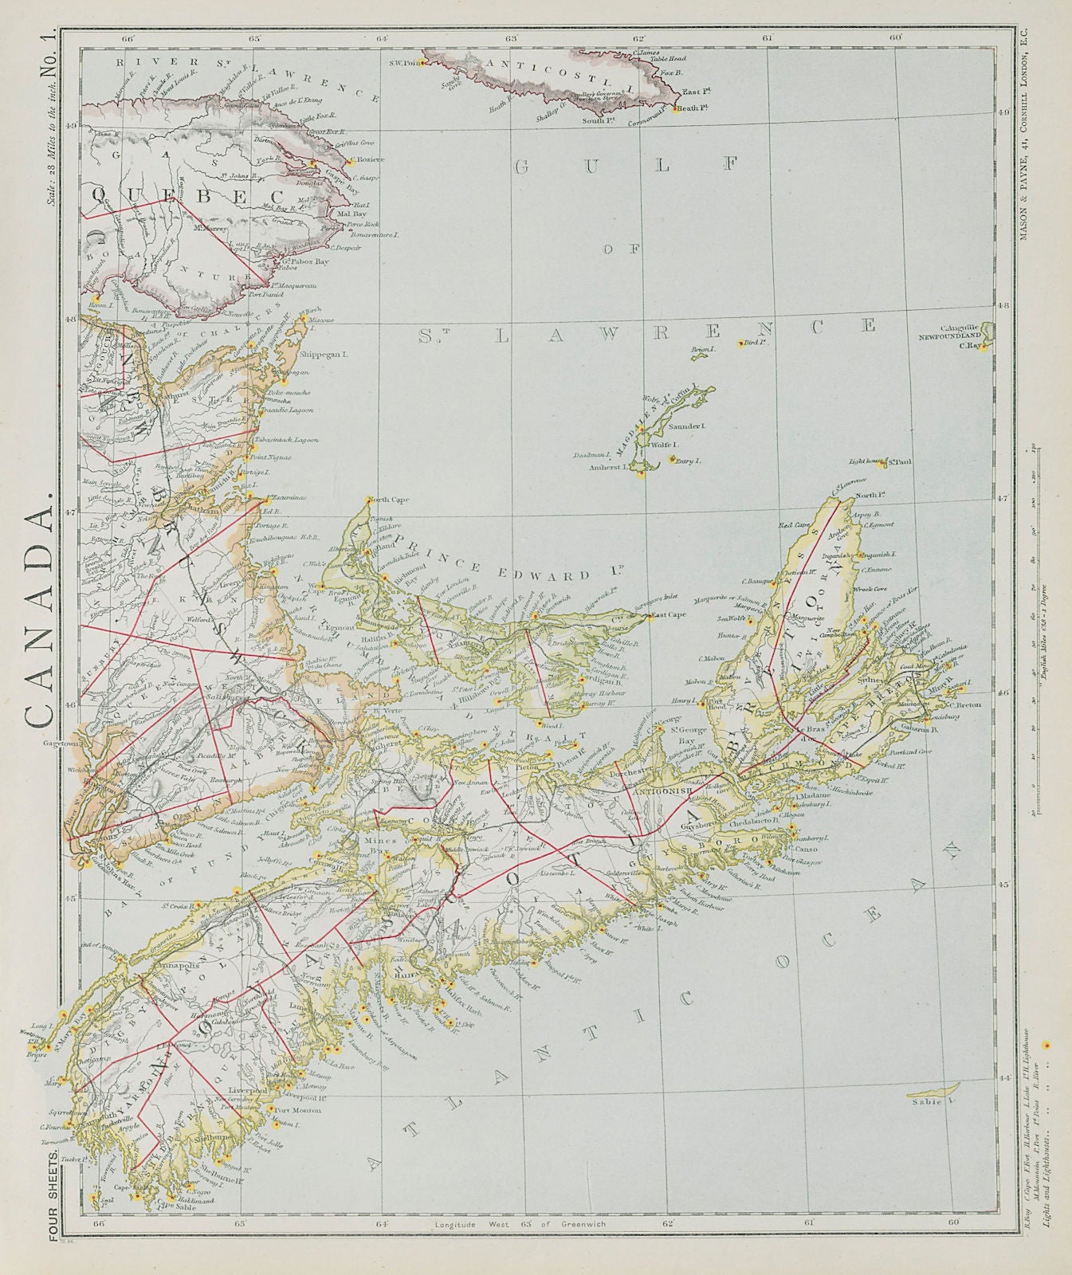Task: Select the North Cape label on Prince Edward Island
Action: coord(390,500)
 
